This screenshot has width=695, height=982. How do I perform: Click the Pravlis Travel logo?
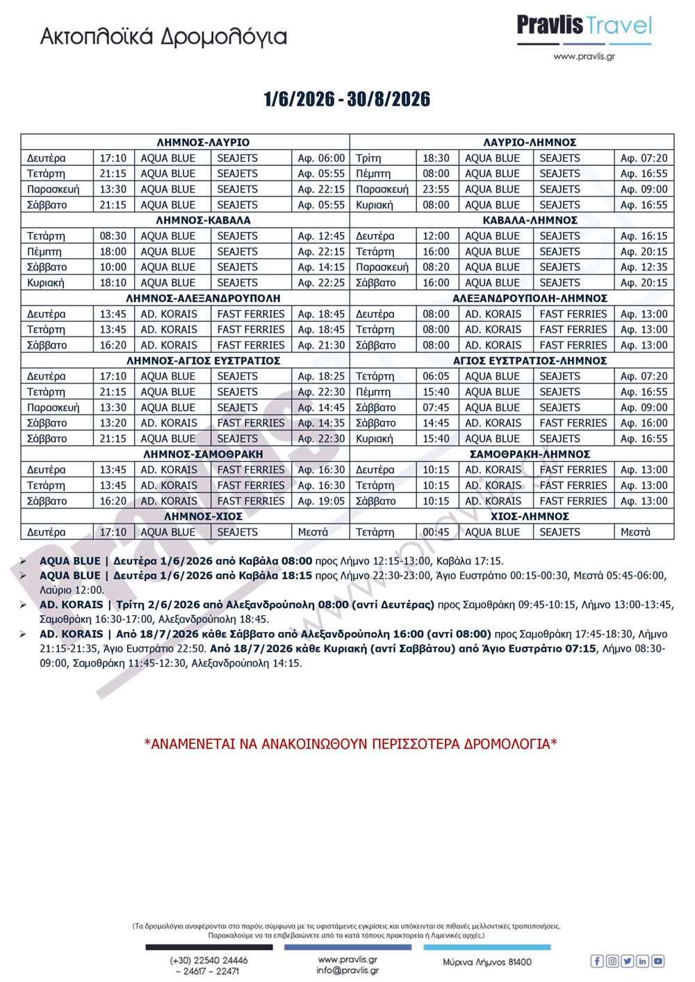click(x=584, y=31)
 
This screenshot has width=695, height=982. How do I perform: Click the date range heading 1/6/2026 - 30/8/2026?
click(x=347, y=99)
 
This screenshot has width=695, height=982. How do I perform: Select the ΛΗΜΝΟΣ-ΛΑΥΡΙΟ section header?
click(x=203, y=142)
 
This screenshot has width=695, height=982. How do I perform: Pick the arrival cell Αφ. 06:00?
click(x=321, y=158)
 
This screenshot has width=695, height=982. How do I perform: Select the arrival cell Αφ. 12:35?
click(x=644, y=267)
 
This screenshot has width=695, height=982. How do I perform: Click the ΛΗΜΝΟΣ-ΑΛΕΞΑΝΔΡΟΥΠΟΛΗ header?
click(x=203, y=298)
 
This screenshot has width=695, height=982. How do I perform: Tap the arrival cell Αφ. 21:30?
click(x=321, y=345)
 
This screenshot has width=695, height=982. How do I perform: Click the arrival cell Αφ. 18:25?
click(x=321, y=376)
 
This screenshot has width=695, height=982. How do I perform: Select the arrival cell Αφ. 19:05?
click(x=321, y=501)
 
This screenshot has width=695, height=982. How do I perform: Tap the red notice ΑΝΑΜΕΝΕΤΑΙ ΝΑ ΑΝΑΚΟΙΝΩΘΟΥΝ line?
click(x=350, y=744)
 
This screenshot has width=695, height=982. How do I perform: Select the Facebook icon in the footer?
click(x=596, y=961)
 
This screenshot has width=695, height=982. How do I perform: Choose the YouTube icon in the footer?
click(x=657, y=961)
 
